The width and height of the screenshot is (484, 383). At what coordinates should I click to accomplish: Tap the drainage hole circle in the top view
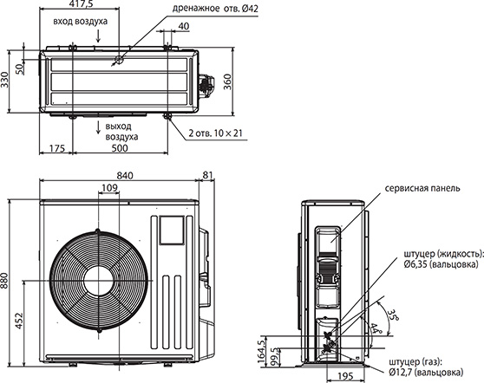click(x=119, y=59)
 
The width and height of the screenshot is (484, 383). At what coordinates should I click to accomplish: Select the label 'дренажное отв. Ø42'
click(x=215, y=9)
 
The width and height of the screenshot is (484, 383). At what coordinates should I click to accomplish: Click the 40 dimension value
click(x=184, y=26)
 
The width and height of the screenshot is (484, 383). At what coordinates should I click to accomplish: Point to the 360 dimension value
click(x=227, y=81)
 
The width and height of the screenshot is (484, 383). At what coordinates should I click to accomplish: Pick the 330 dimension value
click(x=4, y=80)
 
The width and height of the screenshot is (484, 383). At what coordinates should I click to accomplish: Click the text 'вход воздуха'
click(x=81, y=22)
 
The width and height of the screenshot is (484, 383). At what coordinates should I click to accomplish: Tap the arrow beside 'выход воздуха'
click(x=99, y=127)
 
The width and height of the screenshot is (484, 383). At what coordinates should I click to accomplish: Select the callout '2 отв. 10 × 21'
click(x=216, y=133)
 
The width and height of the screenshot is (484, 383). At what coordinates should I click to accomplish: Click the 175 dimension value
click(x=57, y=148)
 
